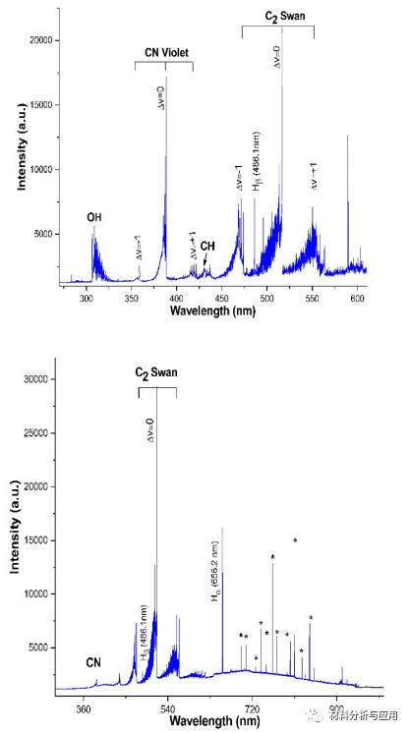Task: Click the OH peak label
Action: point(94,216)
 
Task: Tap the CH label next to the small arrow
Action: point(206,246)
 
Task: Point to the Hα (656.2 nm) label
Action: point(214,571)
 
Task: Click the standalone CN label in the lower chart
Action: point(93,661)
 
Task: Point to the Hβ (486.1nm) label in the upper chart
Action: point(255,161)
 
